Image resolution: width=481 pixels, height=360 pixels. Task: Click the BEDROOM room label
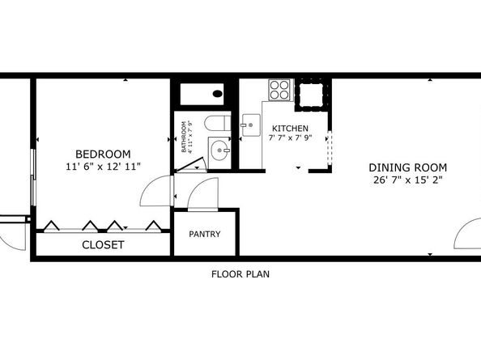click(x=103, y=154)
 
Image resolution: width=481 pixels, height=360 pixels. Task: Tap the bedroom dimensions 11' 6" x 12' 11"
click(x=103, y=167)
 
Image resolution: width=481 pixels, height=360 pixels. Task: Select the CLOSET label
click(x=103, y=244)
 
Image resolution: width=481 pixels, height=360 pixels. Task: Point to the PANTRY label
click(x=205, y=235)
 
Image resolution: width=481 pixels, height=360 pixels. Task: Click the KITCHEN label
click(x=289, y=129)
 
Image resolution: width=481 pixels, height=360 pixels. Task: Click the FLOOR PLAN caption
click(x=240, y=274)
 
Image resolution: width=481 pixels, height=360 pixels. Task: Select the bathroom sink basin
click(x=219, y=150)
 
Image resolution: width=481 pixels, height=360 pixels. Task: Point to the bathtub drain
click(x=217, y=94)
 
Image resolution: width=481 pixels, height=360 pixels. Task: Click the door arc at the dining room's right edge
click(x=467, y=235)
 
